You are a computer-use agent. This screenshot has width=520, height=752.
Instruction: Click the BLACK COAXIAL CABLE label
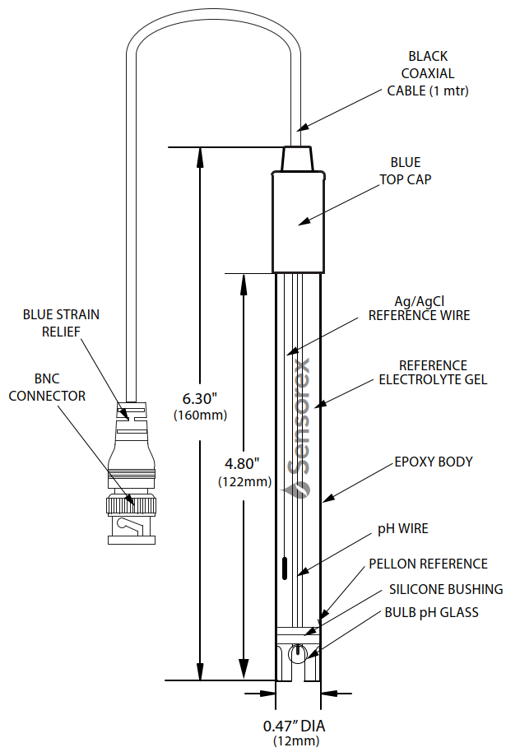click(x=428, y=73)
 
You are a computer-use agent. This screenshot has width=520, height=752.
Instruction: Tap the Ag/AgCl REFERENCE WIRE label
click(x=419, y=309)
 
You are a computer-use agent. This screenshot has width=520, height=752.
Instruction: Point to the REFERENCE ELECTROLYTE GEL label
click(x=433, y=373)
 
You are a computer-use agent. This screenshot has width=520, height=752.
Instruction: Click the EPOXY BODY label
click(x=434, y=462)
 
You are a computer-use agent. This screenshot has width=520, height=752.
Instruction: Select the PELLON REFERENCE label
click(x=428, y=564)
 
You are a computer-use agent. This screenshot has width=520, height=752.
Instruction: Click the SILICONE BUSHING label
click(x=445, y=589)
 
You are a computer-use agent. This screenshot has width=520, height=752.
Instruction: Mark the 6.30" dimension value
click(x=200, y=399)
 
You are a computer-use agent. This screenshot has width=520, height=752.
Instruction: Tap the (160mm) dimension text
click(x=200, y=415)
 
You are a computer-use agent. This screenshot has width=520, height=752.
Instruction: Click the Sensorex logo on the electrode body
click(x=299, y=428)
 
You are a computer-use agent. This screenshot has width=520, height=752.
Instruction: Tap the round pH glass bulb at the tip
click(x=297, y=653)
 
